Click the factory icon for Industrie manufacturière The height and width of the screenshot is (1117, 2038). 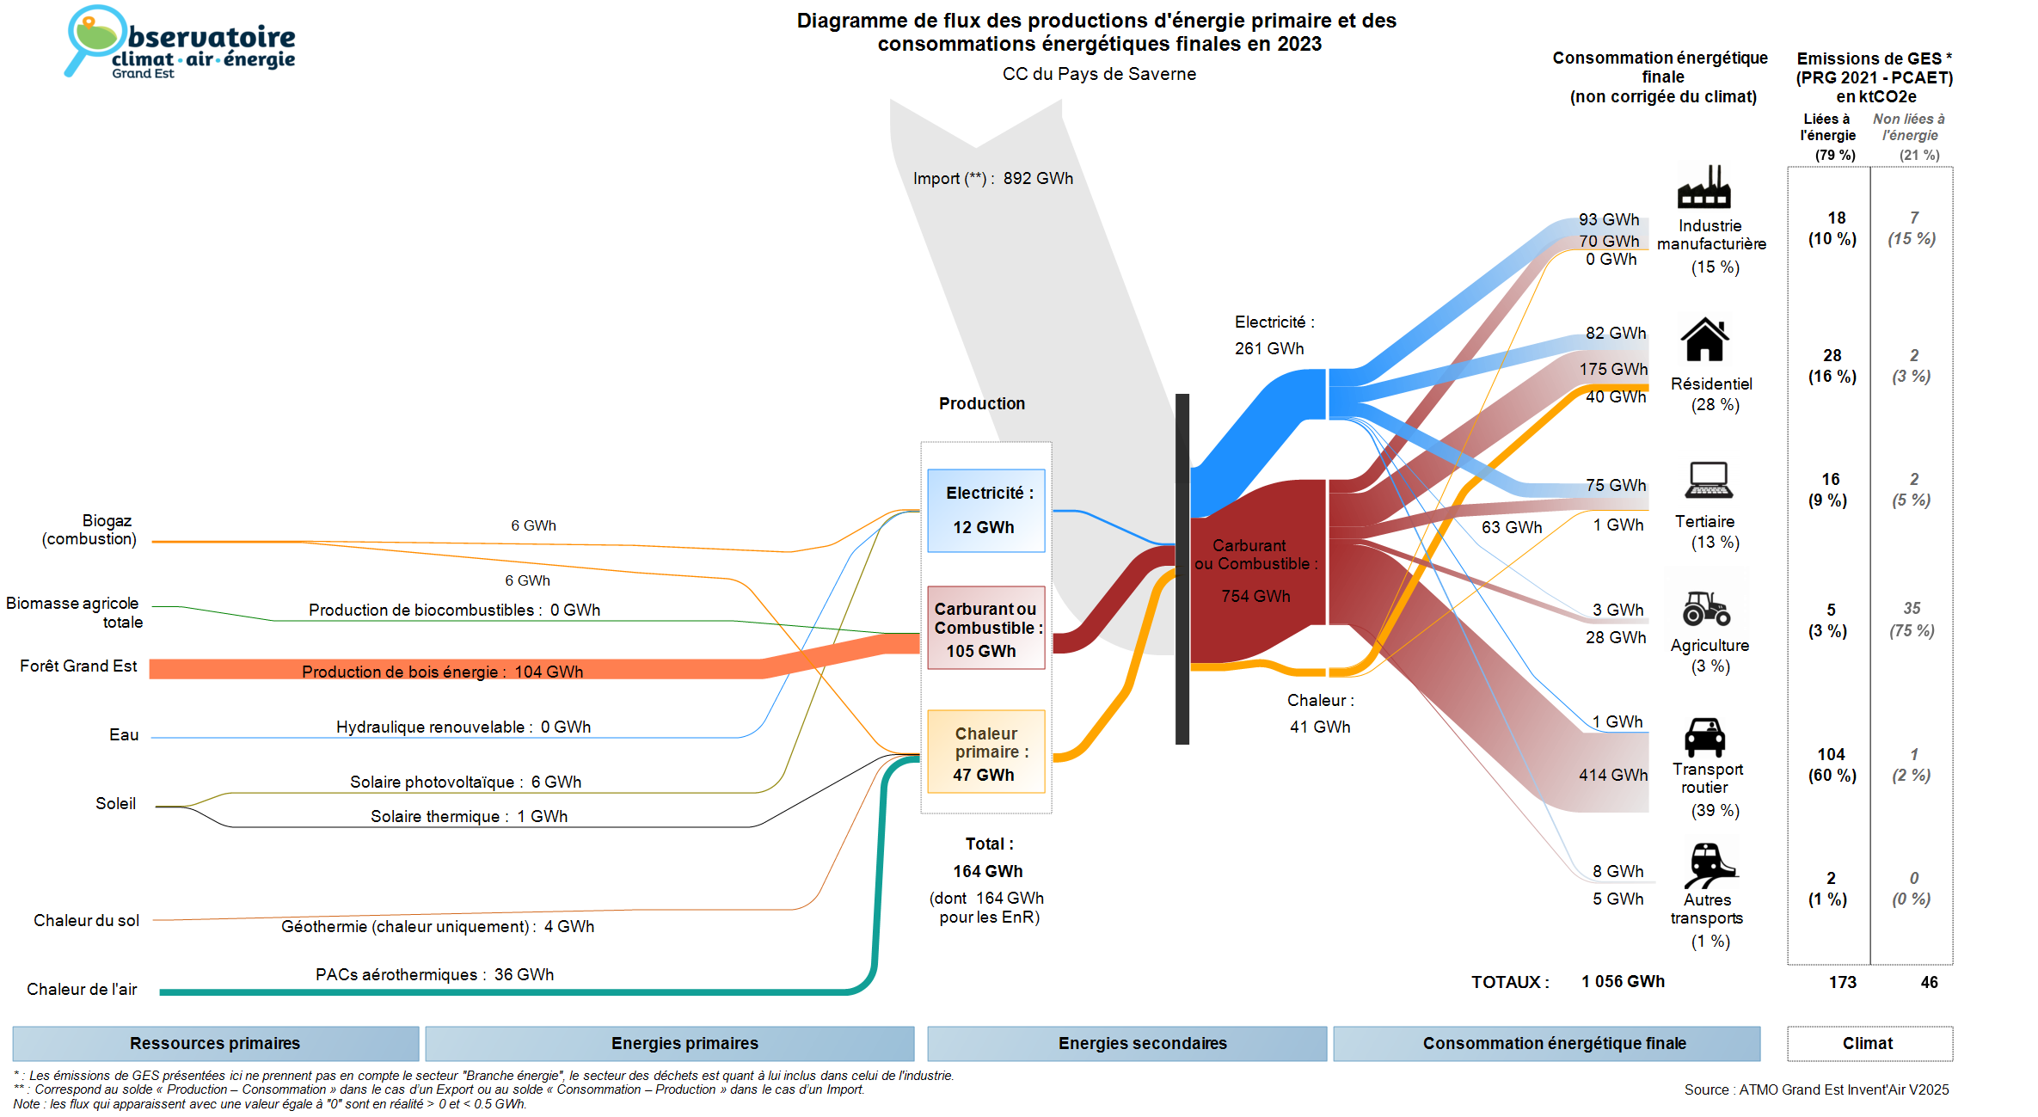pyautogui.click(x=1703, y=187)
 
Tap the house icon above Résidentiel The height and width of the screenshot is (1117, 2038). pyautogui.click(x=1704, y=340)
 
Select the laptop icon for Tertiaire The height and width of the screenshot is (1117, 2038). pyautogui.click(x=1709, y=481)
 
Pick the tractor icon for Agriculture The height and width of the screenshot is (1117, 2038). pyautogui.click(x=1706, y=609)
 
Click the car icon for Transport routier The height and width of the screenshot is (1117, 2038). pyautogui.click(x=1704, y=737)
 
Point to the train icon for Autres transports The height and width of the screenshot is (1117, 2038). pyautogui.click(x=1709, y=864)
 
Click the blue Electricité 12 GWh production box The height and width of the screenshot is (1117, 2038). pyautogui.click(x=985, y=511)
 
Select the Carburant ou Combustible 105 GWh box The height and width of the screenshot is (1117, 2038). pyautogui.click(x=985, y=629)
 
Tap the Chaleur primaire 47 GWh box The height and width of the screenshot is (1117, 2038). pyautogui.click(x=985, y=752)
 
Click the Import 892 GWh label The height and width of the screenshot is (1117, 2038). pyautogui.click(x=993, y=179)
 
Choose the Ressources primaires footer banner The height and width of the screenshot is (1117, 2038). pyautogui.click(x=215, y=1043)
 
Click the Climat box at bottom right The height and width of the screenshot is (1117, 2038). pyautogui.click(x=1869, y=1043)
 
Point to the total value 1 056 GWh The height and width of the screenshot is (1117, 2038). pyautogui.click(x=1623, y=981)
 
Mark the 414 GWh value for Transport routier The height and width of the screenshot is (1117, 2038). pyautogui.click(x=1612, y=775)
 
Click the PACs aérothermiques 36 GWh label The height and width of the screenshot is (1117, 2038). pyautogui.click(x=434, y=974)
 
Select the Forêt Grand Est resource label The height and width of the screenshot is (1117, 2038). pyautogui.click(x=78, y=666)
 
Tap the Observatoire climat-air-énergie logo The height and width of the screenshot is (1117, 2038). pyautogui.click(x=180, y=43)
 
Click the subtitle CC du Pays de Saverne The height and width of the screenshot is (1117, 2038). pyautogui.click(x=1099, y=74)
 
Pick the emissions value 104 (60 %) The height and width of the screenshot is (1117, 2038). pyautogui.click(x=1832, y=764)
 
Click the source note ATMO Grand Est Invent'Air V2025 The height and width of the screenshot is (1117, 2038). pyautogui.click(x=1816, y=1089)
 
